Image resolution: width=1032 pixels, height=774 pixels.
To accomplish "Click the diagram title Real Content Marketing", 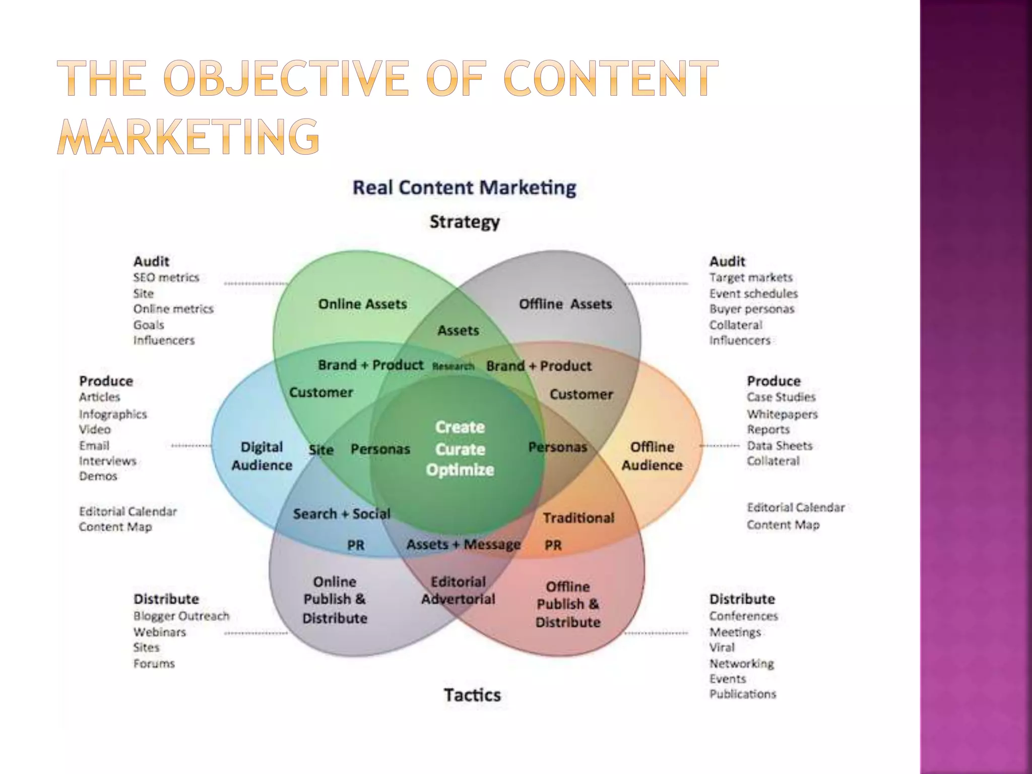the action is (464, 188).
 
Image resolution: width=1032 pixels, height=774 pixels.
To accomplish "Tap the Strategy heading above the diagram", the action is (465, 222).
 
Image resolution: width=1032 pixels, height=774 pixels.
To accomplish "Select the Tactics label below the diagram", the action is (472, 695).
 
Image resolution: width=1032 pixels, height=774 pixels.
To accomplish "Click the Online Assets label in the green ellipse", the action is (362, 304).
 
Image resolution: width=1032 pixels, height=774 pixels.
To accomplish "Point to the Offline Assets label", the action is (565, 304).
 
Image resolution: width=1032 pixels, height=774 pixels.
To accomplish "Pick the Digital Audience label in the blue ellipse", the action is (262, 456).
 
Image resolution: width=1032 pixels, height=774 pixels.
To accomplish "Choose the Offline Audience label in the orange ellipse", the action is (652, 456).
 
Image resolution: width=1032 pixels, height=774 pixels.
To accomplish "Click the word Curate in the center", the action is (460, 449).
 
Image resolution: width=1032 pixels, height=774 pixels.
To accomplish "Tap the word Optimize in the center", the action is (460, 470).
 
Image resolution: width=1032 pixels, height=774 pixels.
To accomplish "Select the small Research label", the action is (453, 366).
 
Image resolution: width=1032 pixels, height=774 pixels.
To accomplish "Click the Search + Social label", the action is (342, 514).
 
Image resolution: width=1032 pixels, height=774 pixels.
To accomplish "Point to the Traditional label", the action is (578, 518).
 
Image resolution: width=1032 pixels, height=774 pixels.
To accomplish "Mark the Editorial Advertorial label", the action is (458, 591).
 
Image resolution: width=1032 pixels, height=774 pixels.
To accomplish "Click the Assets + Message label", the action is (463, 545).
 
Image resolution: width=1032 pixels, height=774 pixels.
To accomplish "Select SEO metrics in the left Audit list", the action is (166, 278).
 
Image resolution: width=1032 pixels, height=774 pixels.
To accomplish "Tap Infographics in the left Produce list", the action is (113, 414).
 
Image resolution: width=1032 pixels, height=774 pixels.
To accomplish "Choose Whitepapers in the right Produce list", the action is (782, 414).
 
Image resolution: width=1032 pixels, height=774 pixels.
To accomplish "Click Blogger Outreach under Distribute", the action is (181, 616).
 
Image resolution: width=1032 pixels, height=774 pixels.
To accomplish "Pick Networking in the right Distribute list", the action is (741, 663).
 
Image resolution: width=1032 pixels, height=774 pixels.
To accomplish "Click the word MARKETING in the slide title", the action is (188, 137).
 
